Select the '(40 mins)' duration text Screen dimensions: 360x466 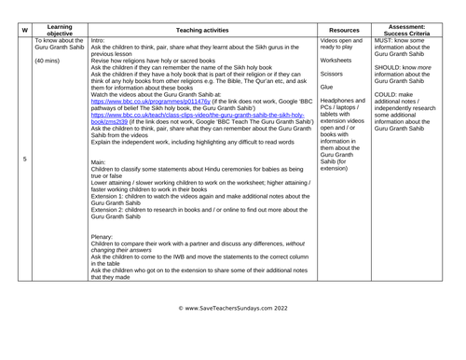49,62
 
